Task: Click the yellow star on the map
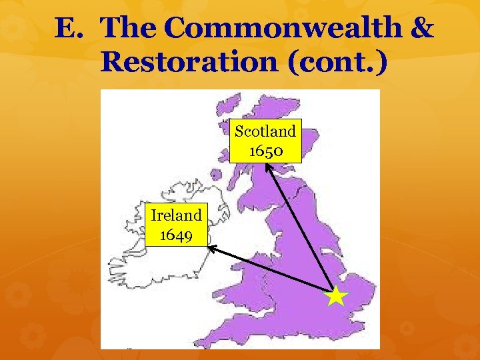pyautogui.click(x=338, y=295)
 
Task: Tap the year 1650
pyautogui.click(x=266, y=151)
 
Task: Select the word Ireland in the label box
pyautogui.click(x=176, y=215)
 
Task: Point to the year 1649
pyautogui.click(x=177, y=235)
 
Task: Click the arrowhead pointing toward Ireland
pyautogui.click(x=211, y=247)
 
